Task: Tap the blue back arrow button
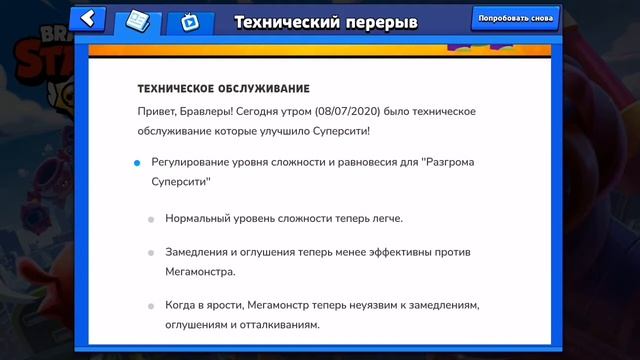[89, 19]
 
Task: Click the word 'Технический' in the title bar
[287, 22]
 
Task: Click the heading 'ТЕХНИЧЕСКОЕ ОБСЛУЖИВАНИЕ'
[223, 89]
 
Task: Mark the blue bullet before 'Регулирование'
[137, 162]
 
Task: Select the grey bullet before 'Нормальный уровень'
[152, 218]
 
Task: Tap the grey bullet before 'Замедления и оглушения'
[152, 253]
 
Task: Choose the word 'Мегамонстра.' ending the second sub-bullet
[201, 271]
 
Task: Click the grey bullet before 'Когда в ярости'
[152, 307]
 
